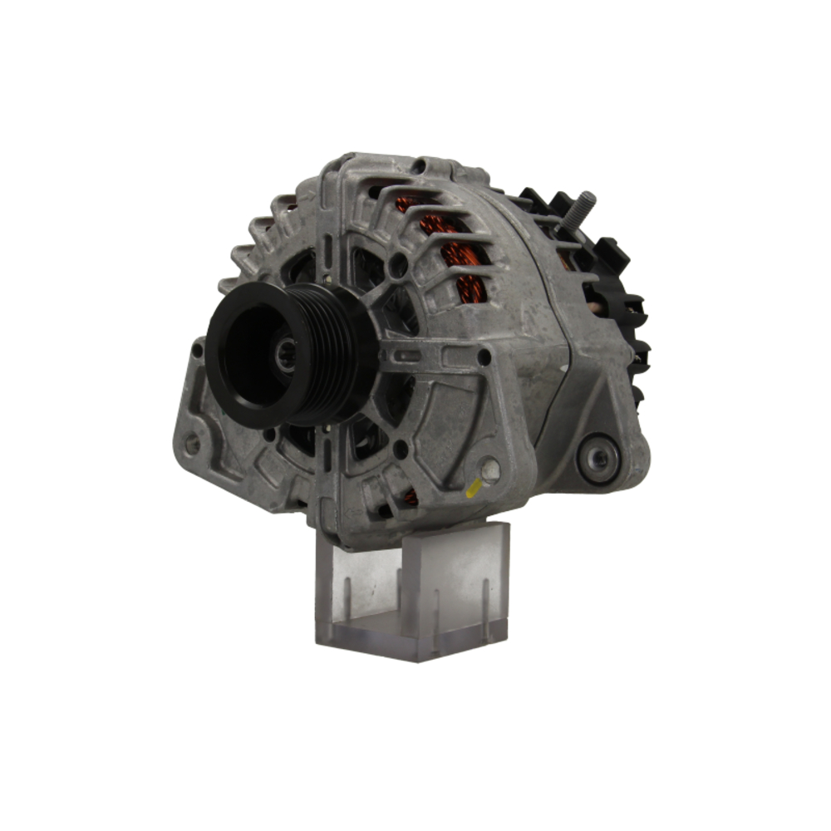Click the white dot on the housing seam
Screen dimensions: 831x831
click(x=563, y=366)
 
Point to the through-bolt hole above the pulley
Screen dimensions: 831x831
click(x=400, y=266)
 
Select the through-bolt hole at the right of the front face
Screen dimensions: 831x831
click(x=483, y=356)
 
